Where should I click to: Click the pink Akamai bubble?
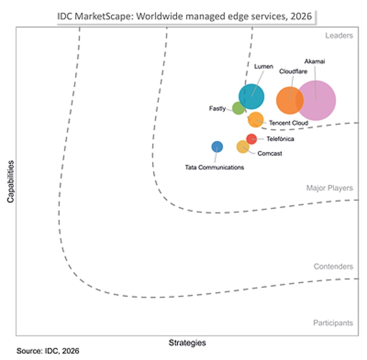316,101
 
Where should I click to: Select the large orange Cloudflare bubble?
290,101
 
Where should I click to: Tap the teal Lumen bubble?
251,96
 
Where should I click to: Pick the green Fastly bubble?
238,108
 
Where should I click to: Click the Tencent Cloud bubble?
256,120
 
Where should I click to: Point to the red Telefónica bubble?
252,139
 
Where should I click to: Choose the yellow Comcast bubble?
243,147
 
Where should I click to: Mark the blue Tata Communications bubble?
217,147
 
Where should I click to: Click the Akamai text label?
314,61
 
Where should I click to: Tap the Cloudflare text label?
293,71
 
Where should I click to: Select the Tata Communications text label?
215,167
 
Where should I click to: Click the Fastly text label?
217,108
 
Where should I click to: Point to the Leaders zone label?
339,35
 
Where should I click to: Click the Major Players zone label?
330,188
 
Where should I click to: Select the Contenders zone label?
333,266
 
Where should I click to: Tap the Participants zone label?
333,323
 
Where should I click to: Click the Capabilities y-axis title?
11,181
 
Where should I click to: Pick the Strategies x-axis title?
187,343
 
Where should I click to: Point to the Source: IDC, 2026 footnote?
48,351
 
